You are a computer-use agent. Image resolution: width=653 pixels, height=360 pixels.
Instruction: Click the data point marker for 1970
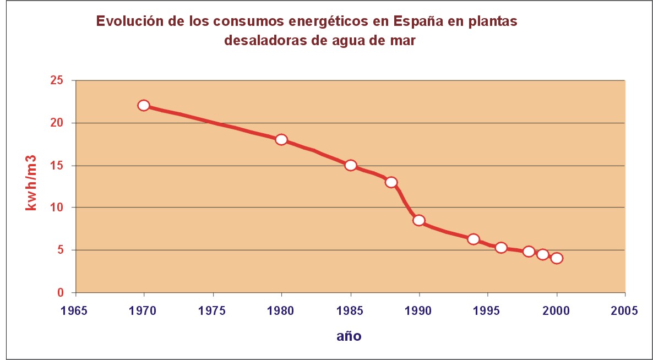(144, 105)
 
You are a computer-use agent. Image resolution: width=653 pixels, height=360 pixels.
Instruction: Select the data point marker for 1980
(281, 139)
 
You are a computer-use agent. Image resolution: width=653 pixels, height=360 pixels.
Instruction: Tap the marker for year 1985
(350, 165)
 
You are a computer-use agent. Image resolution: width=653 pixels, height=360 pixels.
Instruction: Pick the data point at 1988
(391, 182)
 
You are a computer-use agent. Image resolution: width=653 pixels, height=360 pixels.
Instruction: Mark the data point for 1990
(419, 220)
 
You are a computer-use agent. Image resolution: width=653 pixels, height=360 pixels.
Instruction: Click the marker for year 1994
(474, 239)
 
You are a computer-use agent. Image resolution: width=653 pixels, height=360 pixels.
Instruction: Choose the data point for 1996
(501, 248)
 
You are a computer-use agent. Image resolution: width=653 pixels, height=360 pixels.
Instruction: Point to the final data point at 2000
(557, 258)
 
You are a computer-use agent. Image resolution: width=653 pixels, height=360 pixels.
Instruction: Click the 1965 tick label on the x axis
(75, 310)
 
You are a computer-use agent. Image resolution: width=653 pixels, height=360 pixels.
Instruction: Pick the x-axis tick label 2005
(625, 310)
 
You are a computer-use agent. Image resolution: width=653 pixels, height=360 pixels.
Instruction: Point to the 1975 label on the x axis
(213, 310)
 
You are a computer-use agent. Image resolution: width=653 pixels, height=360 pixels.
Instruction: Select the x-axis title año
(349, 336)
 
